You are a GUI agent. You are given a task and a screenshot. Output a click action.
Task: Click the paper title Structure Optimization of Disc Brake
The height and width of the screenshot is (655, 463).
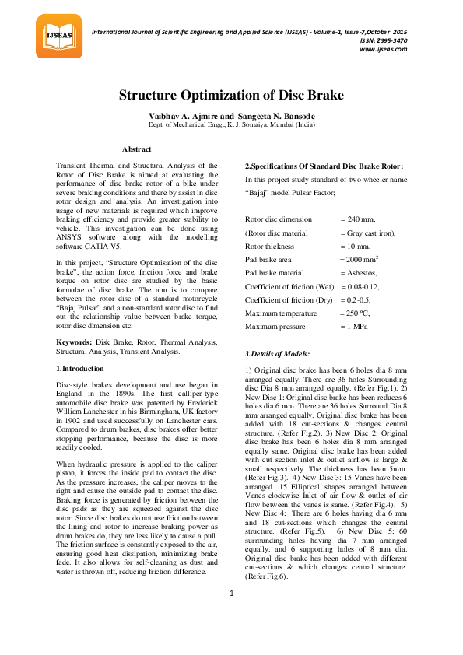coord(231,96)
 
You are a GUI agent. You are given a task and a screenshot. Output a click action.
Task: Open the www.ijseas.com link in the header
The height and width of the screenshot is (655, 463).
coord(383,49)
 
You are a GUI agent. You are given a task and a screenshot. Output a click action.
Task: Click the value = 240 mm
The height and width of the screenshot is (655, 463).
coord(357,219)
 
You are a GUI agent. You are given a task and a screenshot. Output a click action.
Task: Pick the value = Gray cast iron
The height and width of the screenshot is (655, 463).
coord(367,233)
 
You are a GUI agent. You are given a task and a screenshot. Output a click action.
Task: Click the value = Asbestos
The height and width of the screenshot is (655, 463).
coord(359,272)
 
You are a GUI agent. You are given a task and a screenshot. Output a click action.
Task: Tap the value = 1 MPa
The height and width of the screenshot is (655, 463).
coord(356,326)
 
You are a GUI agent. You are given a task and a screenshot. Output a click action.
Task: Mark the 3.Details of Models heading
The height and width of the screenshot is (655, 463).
coord(277,354)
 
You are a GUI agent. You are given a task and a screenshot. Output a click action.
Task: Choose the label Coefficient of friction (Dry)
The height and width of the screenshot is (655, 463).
coord(289,299)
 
